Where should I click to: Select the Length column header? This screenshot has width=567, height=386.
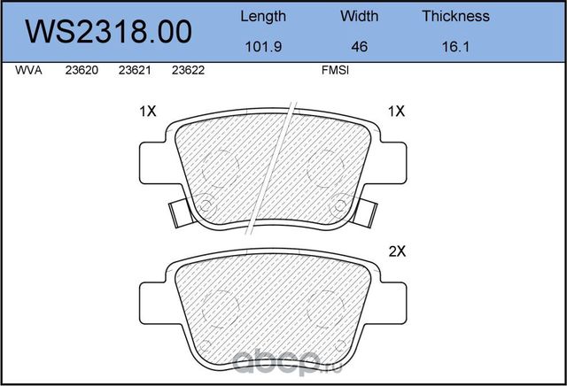pos(263,16)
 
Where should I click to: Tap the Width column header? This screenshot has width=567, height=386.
pos(359,16)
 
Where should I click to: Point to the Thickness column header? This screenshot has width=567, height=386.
pos(455,16)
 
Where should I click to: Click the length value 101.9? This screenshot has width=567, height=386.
pos(263,48)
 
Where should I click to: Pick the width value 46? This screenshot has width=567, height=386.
pos(359,48)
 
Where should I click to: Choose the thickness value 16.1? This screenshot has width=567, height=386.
pos(455,48)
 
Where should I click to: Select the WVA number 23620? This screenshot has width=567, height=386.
pos(82,74)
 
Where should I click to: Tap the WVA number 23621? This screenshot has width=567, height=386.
pos(134,74)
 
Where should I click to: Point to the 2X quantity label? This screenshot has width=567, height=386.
pos(396,251)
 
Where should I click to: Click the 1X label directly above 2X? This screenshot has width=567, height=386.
pos(396,112)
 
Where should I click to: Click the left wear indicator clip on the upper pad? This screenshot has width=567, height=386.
pos(176,212)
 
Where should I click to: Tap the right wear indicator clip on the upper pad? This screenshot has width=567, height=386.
pos(365,212)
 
